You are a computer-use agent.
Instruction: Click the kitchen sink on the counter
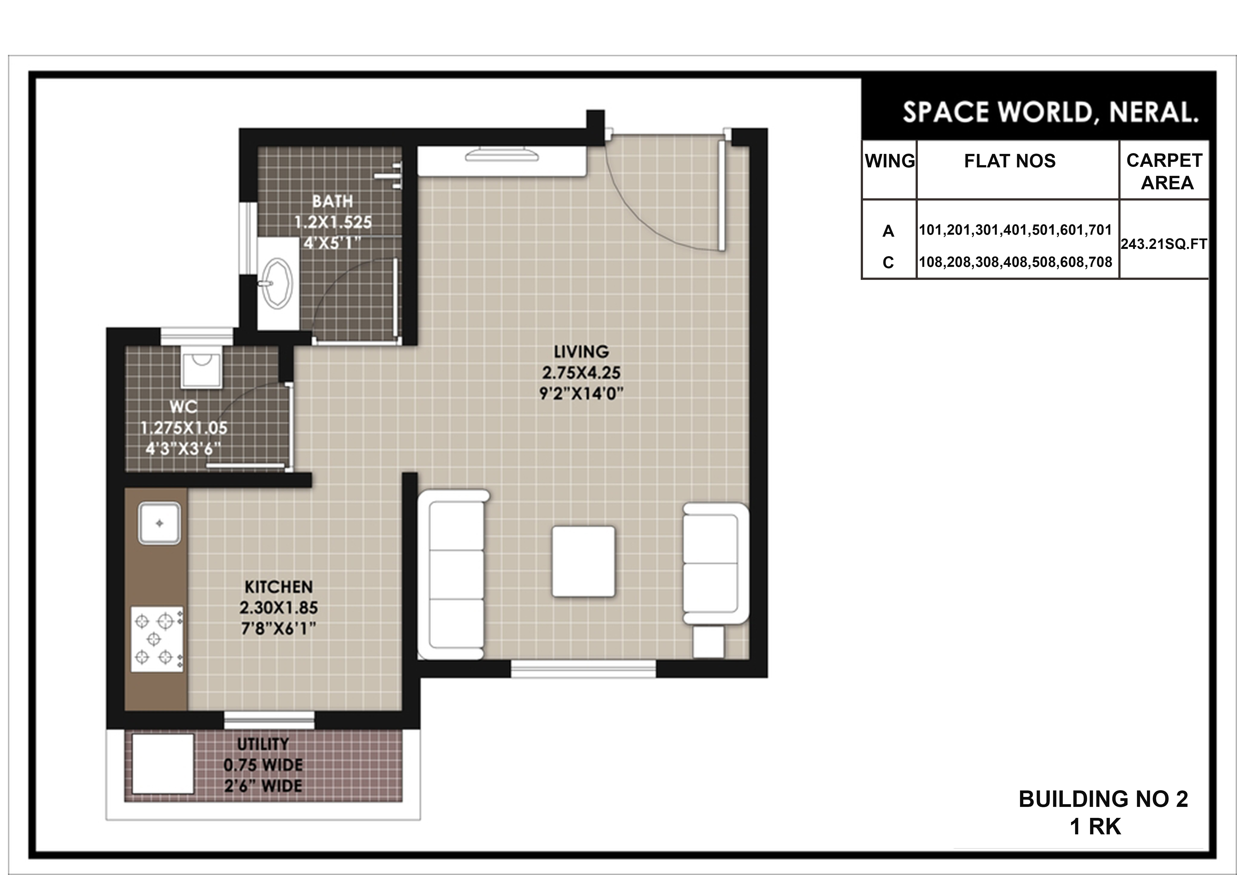[x=160, y=523]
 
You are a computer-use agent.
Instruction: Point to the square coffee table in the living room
[x=583, y=561]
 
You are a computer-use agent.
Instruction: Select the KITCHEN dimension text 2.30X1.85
[x=279, y=608]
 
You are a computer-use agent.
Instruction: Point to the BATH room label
[x=332, y=202]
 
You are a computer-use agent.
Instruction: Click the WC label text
[x=183, y=407]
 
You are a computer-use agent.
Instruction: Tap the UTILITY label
[x=263, y=744]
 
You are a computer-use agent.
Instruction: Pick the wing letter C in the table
[x=888, y=262]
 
